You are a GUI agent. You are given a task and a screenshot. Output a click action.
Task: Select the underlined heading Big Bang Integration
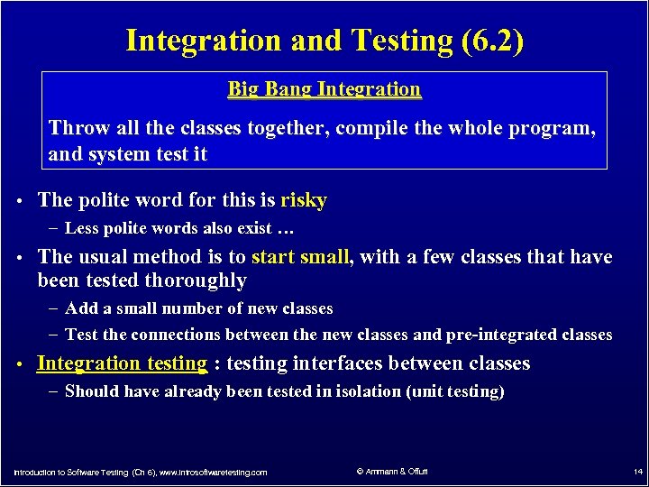[324, 89]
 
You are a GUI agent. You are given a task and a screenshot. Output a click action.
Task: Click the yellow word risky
[304, 200]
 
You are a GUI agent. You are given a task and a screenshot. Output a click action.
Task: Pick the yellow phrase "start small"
[300, 257]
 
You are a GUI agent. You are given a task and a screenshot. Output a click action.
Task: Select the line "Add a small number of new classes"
[198, 308]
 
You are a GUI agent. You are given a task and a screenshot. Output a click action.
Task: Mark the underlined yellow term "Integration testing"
[122, 363]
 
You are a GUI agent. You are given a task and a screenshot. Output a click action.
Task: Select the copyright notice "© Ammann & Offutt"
[392, 472]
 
